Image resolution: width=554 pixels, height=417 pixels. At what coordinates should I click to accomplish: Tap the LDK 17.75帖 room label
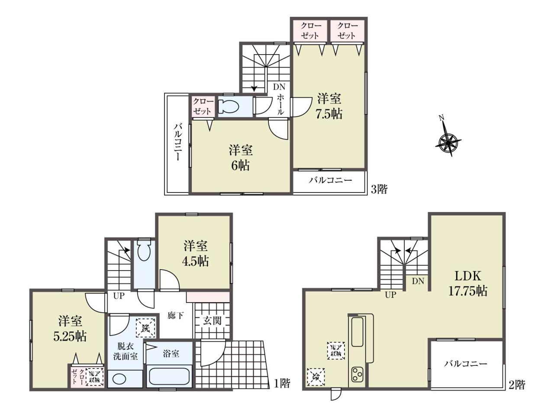point(467,283)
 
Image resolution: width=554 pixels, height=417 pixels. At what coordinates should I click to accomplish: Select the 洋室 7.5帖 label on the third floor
point(329,106)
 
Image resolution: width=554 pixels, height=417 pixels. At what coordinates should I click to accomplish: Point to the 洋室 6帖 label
point(241,158)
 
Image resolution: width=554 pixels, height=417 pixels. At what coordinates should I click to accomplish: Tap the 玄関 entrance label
point(212,321)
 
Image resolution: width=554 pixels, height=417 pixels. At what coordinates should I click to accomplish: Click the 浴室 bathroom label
point(171,354)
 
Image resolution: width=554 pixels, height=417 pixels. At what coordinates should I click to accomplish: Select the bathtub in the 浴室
point(169,377)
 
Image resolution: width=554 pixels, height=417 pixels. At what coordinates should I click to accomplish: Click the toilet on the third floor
point(228,106)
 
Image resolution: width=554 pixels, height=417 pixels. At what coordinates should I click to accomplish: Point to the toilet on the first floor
point(144,250)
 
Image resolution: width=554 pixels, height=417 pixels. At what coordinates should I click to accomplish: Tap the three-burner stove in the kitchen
point(357,375)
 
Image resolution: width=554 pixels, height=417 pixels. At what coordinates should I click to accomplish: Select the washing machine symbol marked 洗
point(145,328)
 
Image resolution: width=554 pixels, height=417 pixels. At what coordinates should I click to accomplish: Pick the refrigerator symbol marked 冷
point(316,377)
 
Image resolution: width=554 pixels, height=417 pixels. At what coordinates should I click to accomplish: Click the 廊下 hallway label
point(175,316)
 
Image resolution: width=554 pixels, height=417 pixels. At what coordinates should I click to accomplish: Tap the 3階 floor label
point(379,189)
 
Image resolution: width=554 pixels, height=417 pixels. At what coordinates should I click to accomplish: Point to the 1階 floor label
point(282,383)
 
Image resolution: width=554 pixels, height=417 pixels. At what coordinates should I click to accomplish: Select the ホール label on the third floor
point(280,104)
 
